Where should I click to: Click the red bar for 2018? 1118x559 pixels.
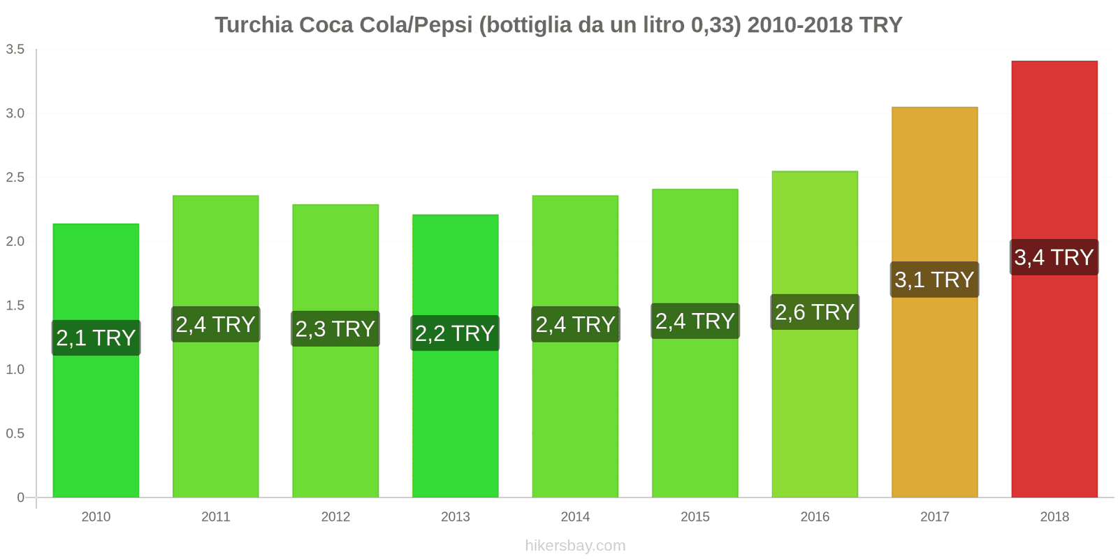[x=1054, y=384]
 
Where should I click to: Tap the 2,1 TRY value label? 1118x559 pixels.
[x=96, y=338]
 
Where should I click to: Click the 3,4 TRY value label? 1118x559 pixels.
[x=1054, y=257]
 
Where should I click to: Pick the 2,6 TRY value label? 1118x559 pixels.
[x=815, y=312]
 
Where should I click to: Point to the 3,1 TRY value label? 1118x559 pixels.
[x=934, y=279]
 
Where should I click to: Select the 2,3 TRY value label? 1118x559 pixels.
[x=335, y=329]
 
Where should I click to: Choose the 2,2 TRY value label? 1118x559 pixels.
[x=455, y=333]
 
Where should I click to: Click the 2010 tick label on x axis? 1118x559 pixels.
[x=96, y=517]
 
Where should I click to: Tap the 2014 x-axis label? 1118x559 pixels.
[x=575, y=517]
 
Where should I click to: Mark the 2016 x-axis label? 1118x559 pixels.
[x=815, y=517]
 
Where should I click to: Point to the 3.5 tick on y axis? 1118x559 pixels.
[x=15, y=50]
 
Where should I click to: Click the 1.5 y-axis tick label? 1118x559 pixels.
[x=15, y=305]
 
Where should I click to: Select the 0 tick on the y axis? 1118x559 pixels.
[x=21, y=498]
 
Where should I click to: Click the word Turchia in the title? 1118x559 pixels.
[x=254, y=25]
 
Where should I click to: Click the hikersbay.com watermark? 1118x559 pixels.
[x=575, y=546]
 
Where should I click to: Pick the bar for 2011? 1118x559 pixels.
[x=216, y=419]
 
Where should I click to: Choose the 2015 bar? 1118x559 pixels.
[x=695, y=419]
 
